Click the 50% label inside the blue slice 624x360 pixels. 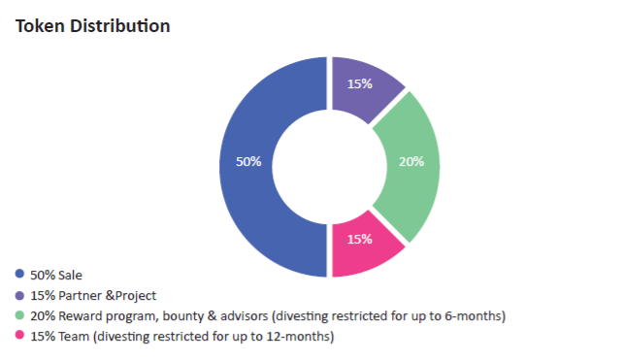(248, 161)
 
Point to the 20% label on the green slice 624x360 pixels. (411, 161)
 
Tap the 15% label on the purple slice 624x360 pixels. (360, 83)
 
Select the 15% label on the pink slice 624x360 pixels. (360, 239)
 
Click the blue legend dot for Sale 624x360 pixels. (19, 274)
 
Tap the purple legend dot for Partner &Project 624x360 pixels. (19, 296)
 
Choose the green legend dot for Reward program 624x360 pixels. (19, 315)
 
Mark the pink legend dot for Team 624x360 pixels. (19, 335)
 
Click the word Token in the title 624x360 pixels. (40, 26)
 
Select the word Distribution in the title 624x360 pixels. (120, 26)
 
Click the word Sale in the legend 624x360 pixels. (70, 276)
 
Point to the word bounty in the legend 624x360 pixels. (183, 316)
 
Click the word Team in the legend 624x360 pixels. (74, 337)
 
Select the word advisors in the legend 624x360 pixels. (244, 316)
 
